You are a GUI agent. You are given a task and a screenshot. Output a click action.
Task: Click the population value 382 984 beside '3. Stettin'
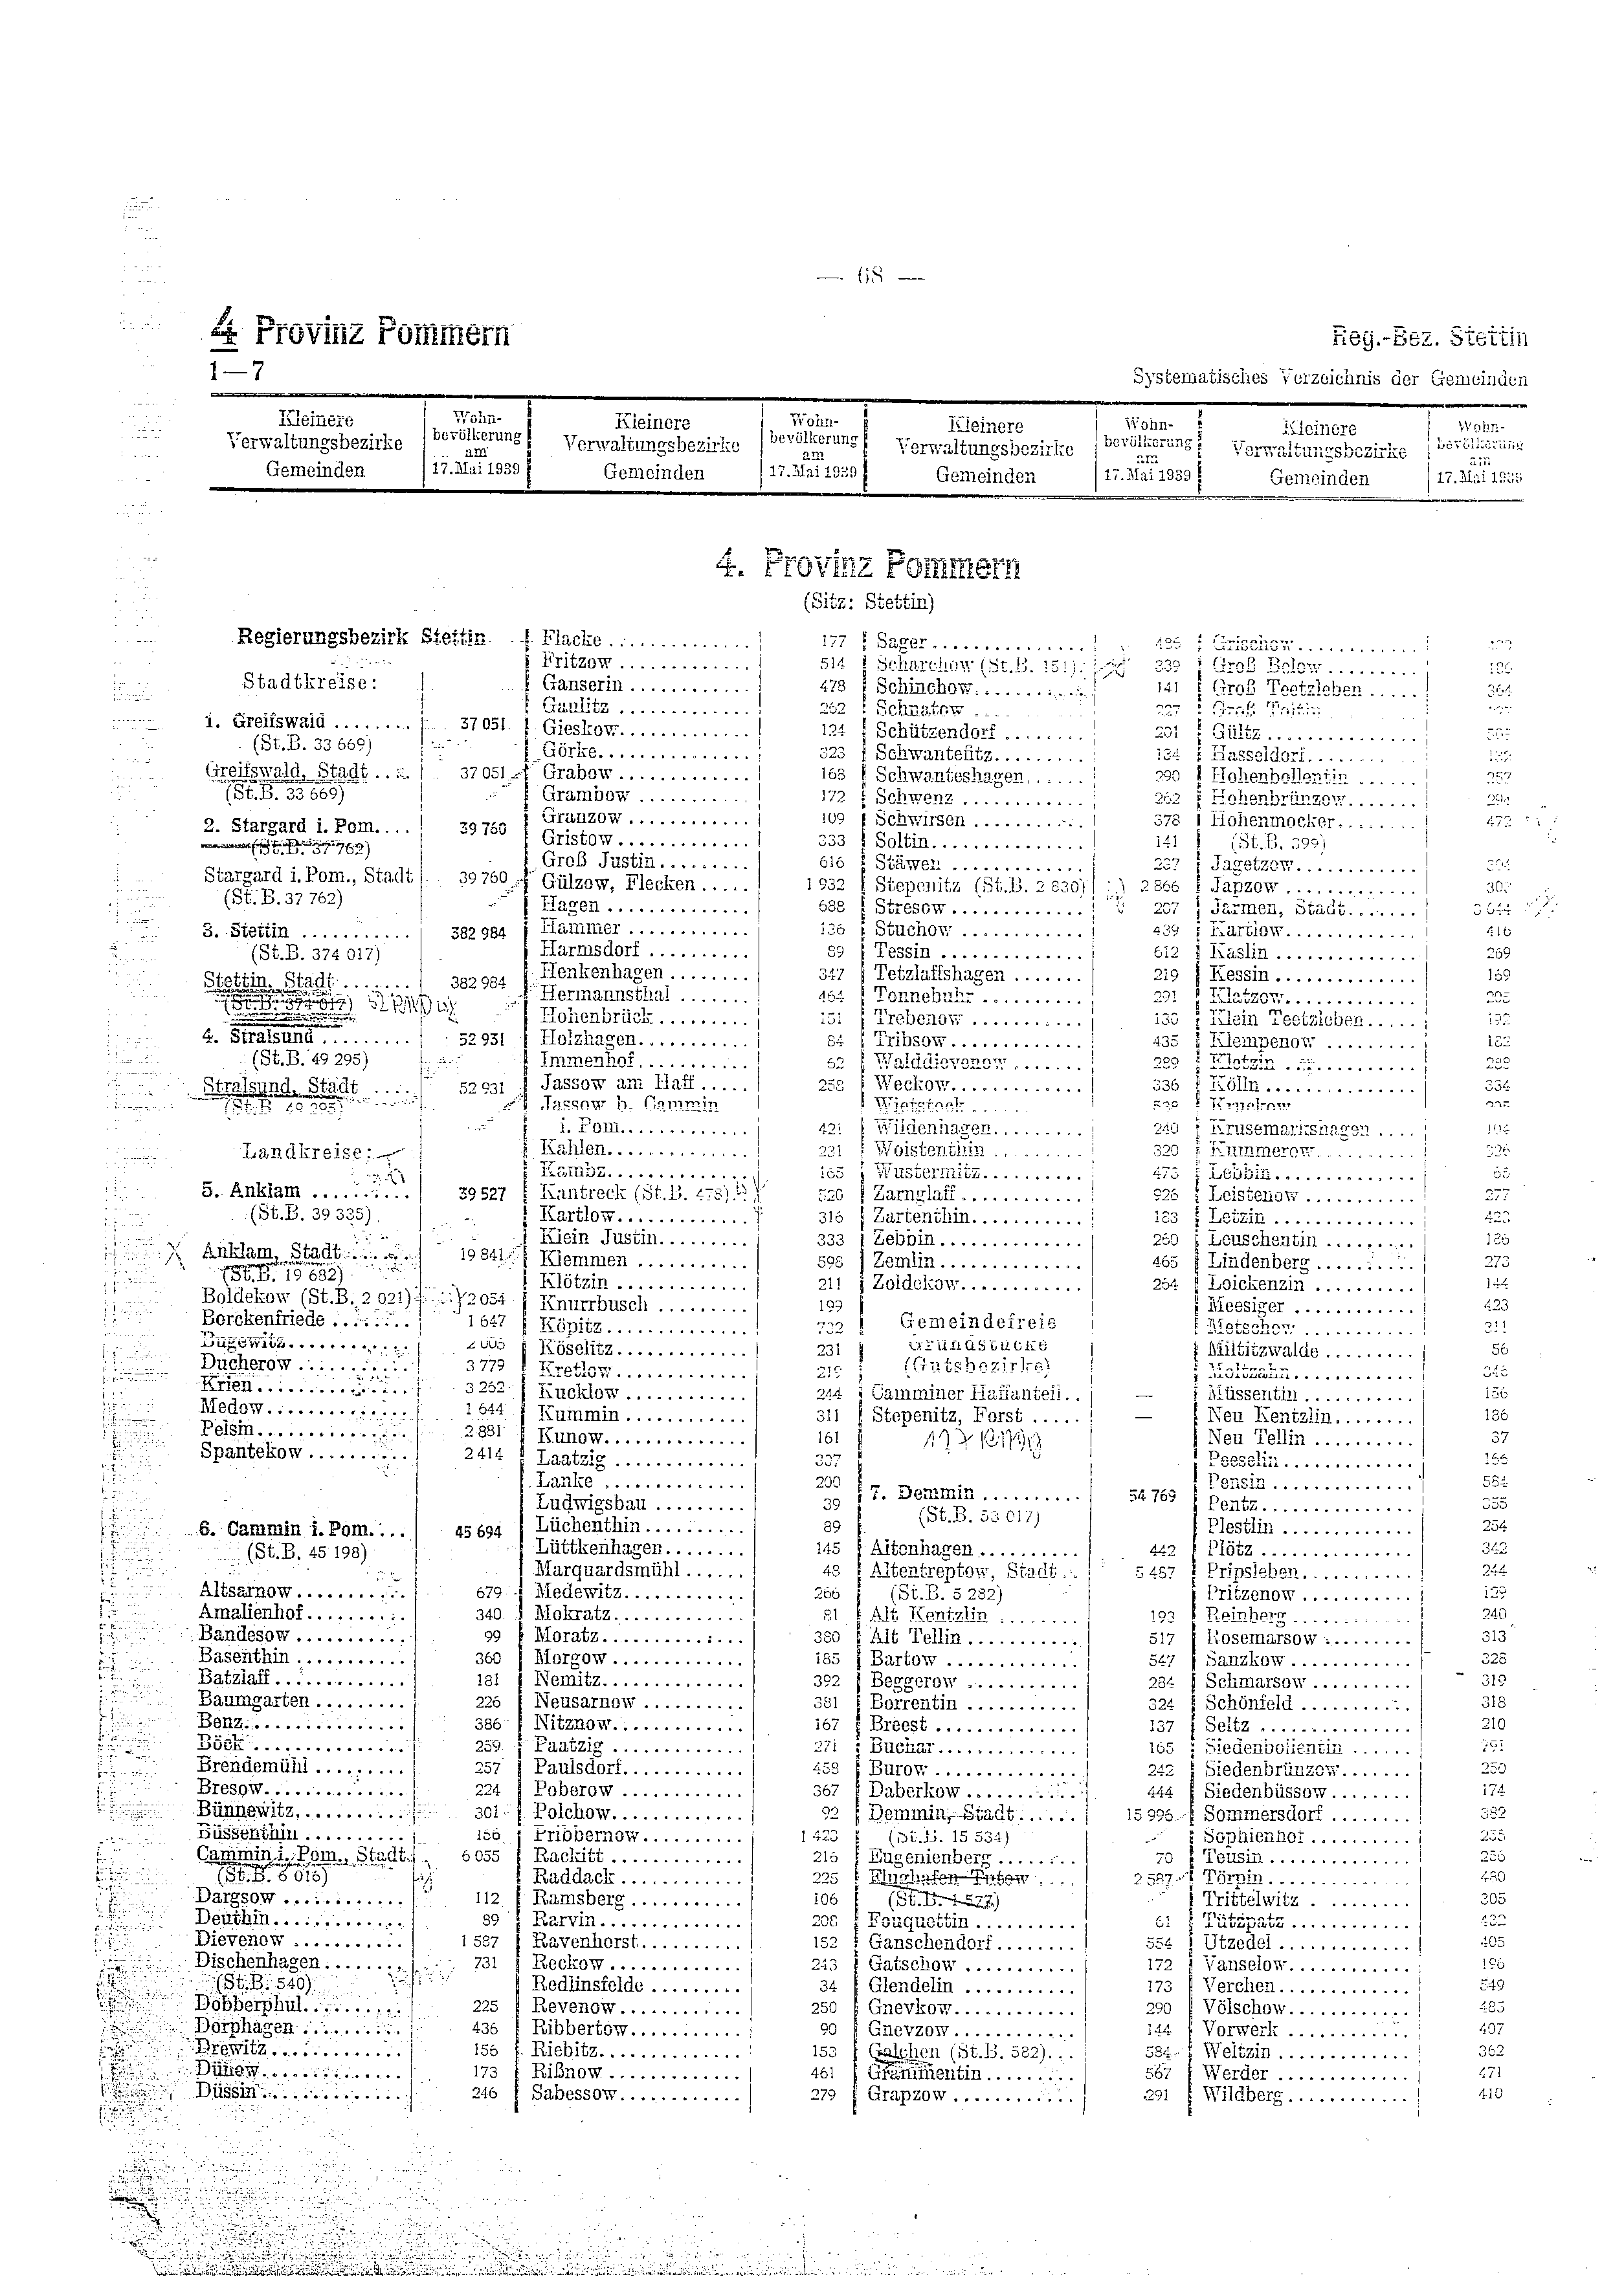click(x=478, y=932)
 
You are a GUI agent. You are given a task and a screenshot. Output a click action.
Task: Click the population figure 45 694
click(x=478, y=1531)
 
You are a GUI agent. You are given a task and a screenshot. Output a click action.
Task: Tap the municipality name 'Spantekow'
click(x=251, y=1452)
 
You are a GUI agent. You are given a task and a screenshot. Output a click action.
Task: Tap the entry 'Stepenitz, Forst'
click(x=946, y=1414)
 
